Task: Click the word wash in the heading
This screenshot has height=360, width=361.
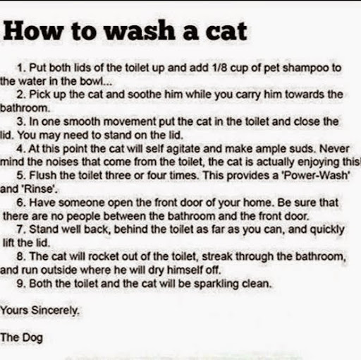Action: point(140,31)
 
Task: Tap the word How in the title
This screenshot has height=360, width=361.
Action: point(33,31)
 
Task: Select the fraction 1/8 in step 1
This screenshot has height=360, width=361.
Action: point(219,68)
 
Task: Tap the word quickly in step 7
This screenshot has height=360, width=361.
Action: point(327,230)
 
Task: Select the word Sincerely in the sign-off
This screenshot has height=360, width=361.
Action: point(56,311)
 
